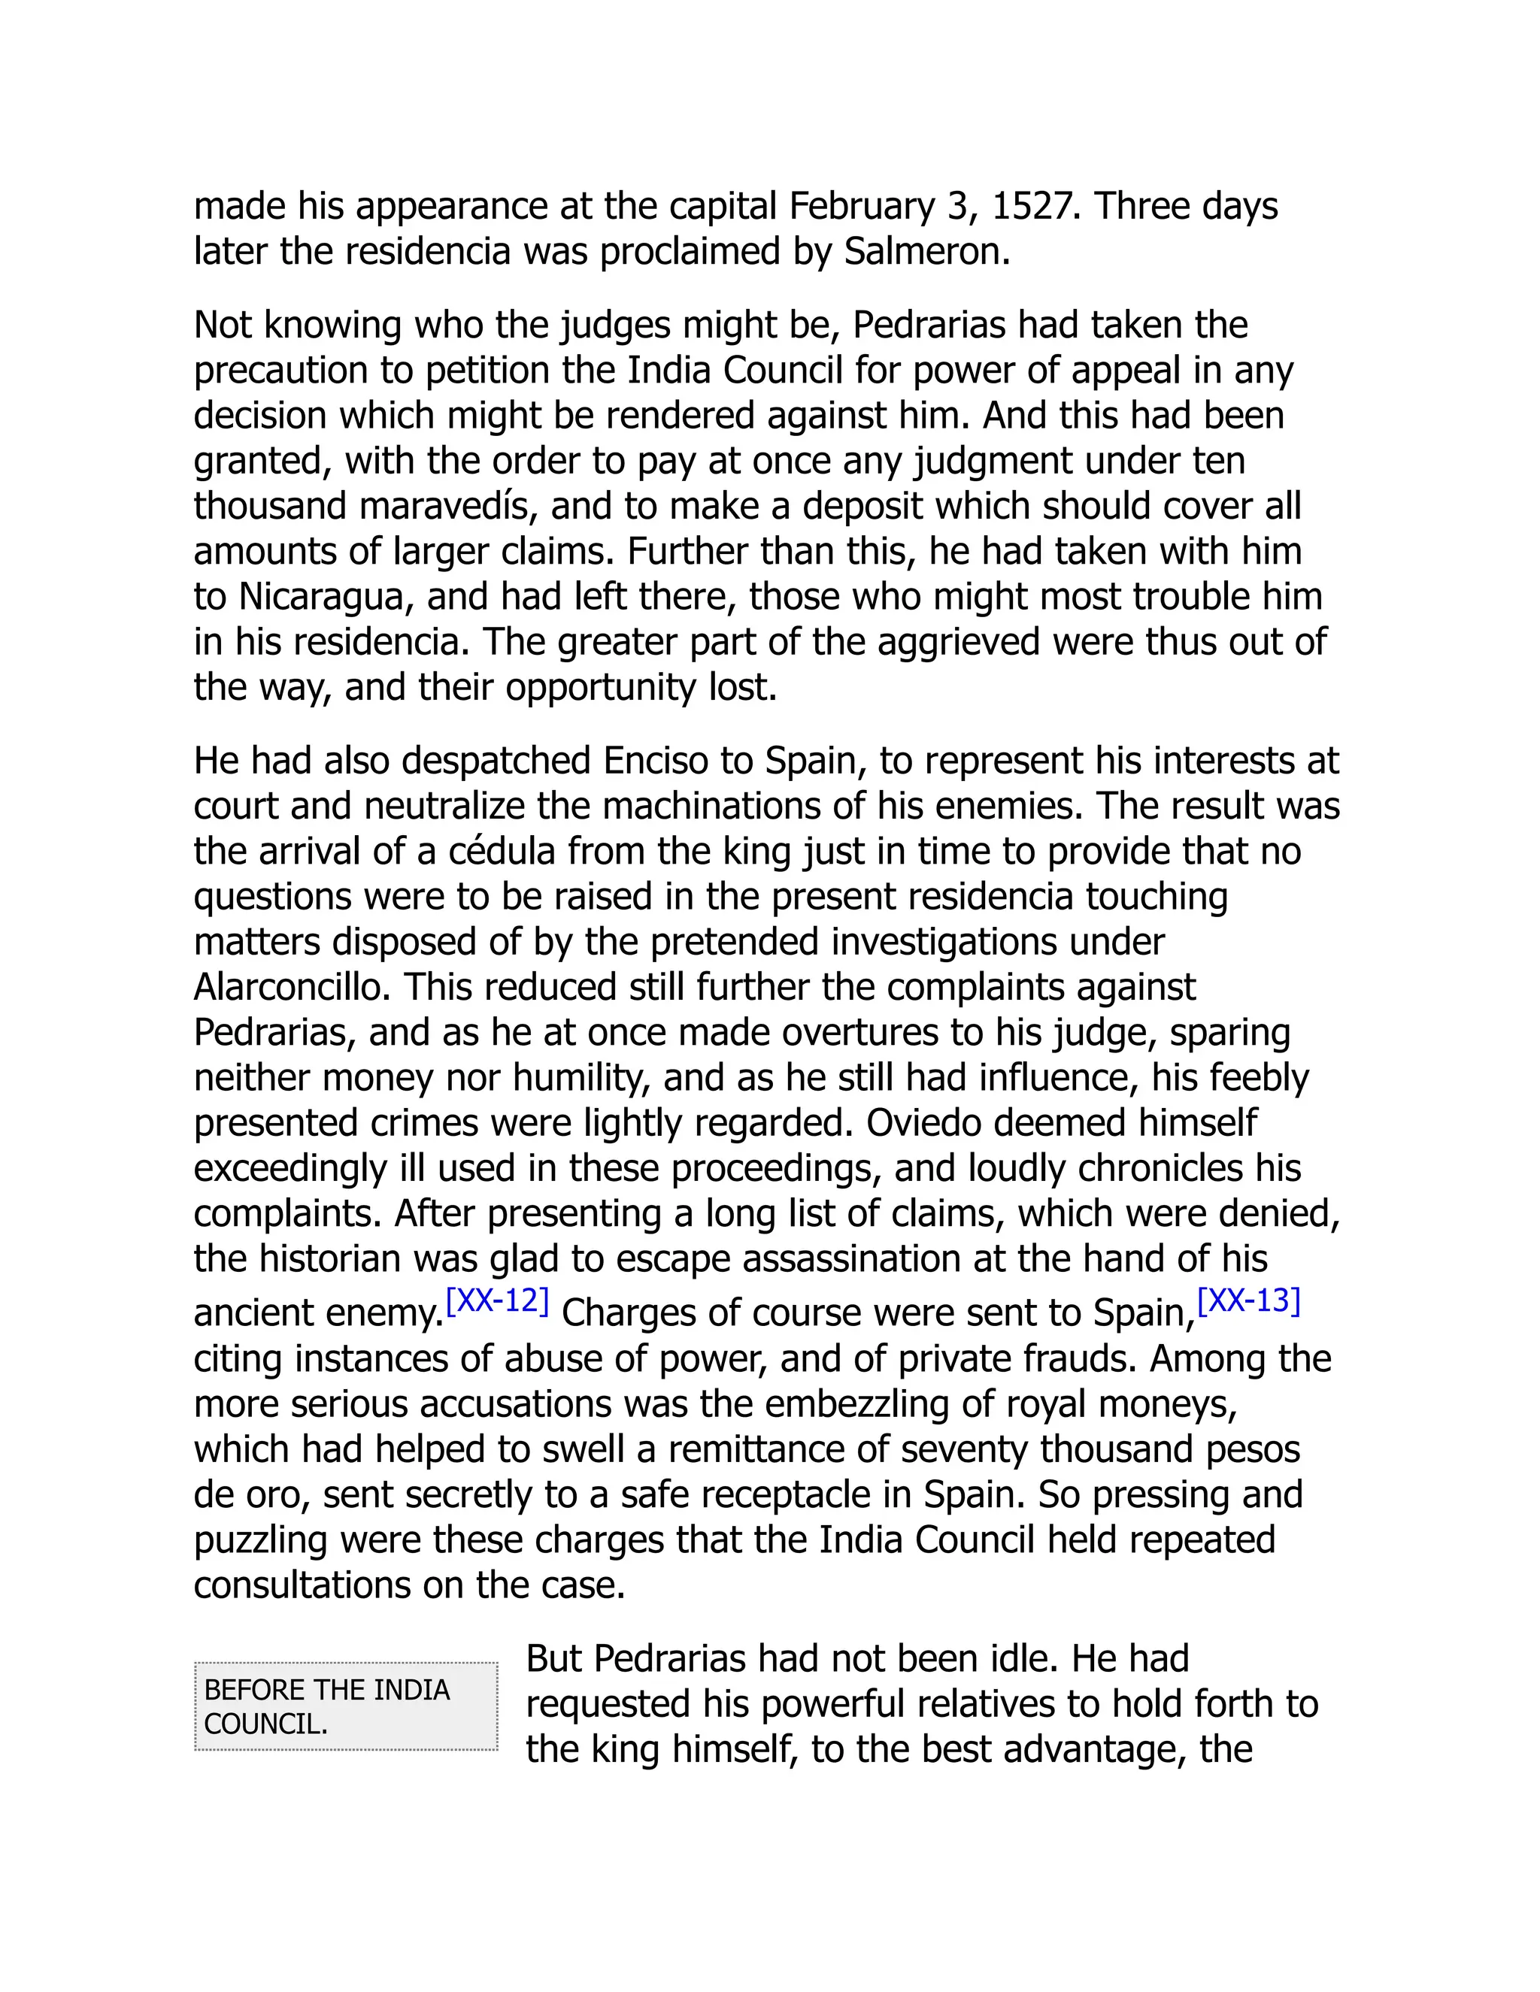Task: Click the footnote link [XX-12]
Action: tap(497, 1300)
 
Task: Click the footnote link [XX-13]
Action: tap(1248, 1300)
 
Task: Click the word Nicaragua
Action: tap(320, 597)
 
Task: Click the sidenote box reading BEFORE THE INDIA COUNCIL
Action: tap(346, 1706)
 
